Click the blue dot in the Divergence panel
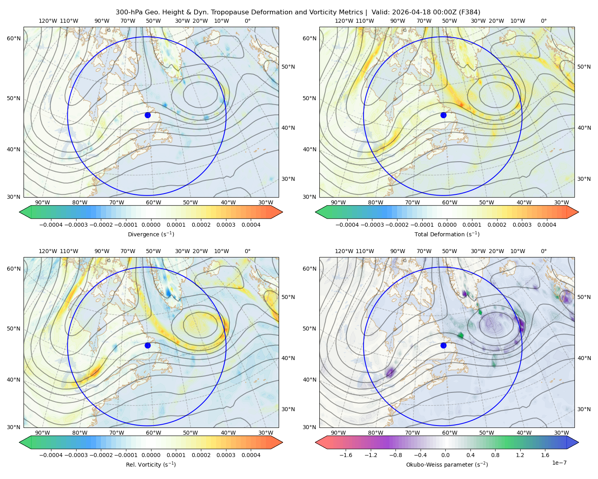[148, 115]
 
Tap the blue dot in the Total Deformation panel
[443, 115]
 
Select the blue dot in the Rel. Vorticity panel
[148, 345]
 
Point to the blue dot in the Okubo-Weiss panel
[443, 345]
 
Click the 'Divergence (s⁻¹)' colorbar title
[151, 234]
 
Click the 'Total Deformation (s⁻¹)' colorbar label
[447, 234]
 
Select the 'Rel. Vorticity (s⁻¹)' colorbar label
[151, 465]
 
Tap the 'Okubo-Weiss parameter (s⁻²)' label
[447, 465]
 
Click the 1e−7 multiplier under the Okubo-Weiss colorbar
[559, 463]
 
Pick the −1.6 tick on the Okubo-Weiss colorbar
[346, 455]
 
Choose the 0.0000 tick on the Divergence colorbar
[151, 225]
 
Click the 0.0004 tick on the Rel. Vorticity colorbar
[251, 455]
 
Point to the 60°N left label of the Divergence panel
[14, 38]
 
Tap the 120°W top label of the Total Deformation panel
[344, 21]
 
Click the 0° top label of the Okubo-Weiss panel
[544, 251]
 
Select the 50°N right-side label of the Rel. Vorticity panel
[288, 297]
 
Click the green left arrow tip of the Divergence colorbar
[20, 212]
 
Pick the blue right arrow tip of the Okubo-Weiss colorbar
[578, 443]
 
